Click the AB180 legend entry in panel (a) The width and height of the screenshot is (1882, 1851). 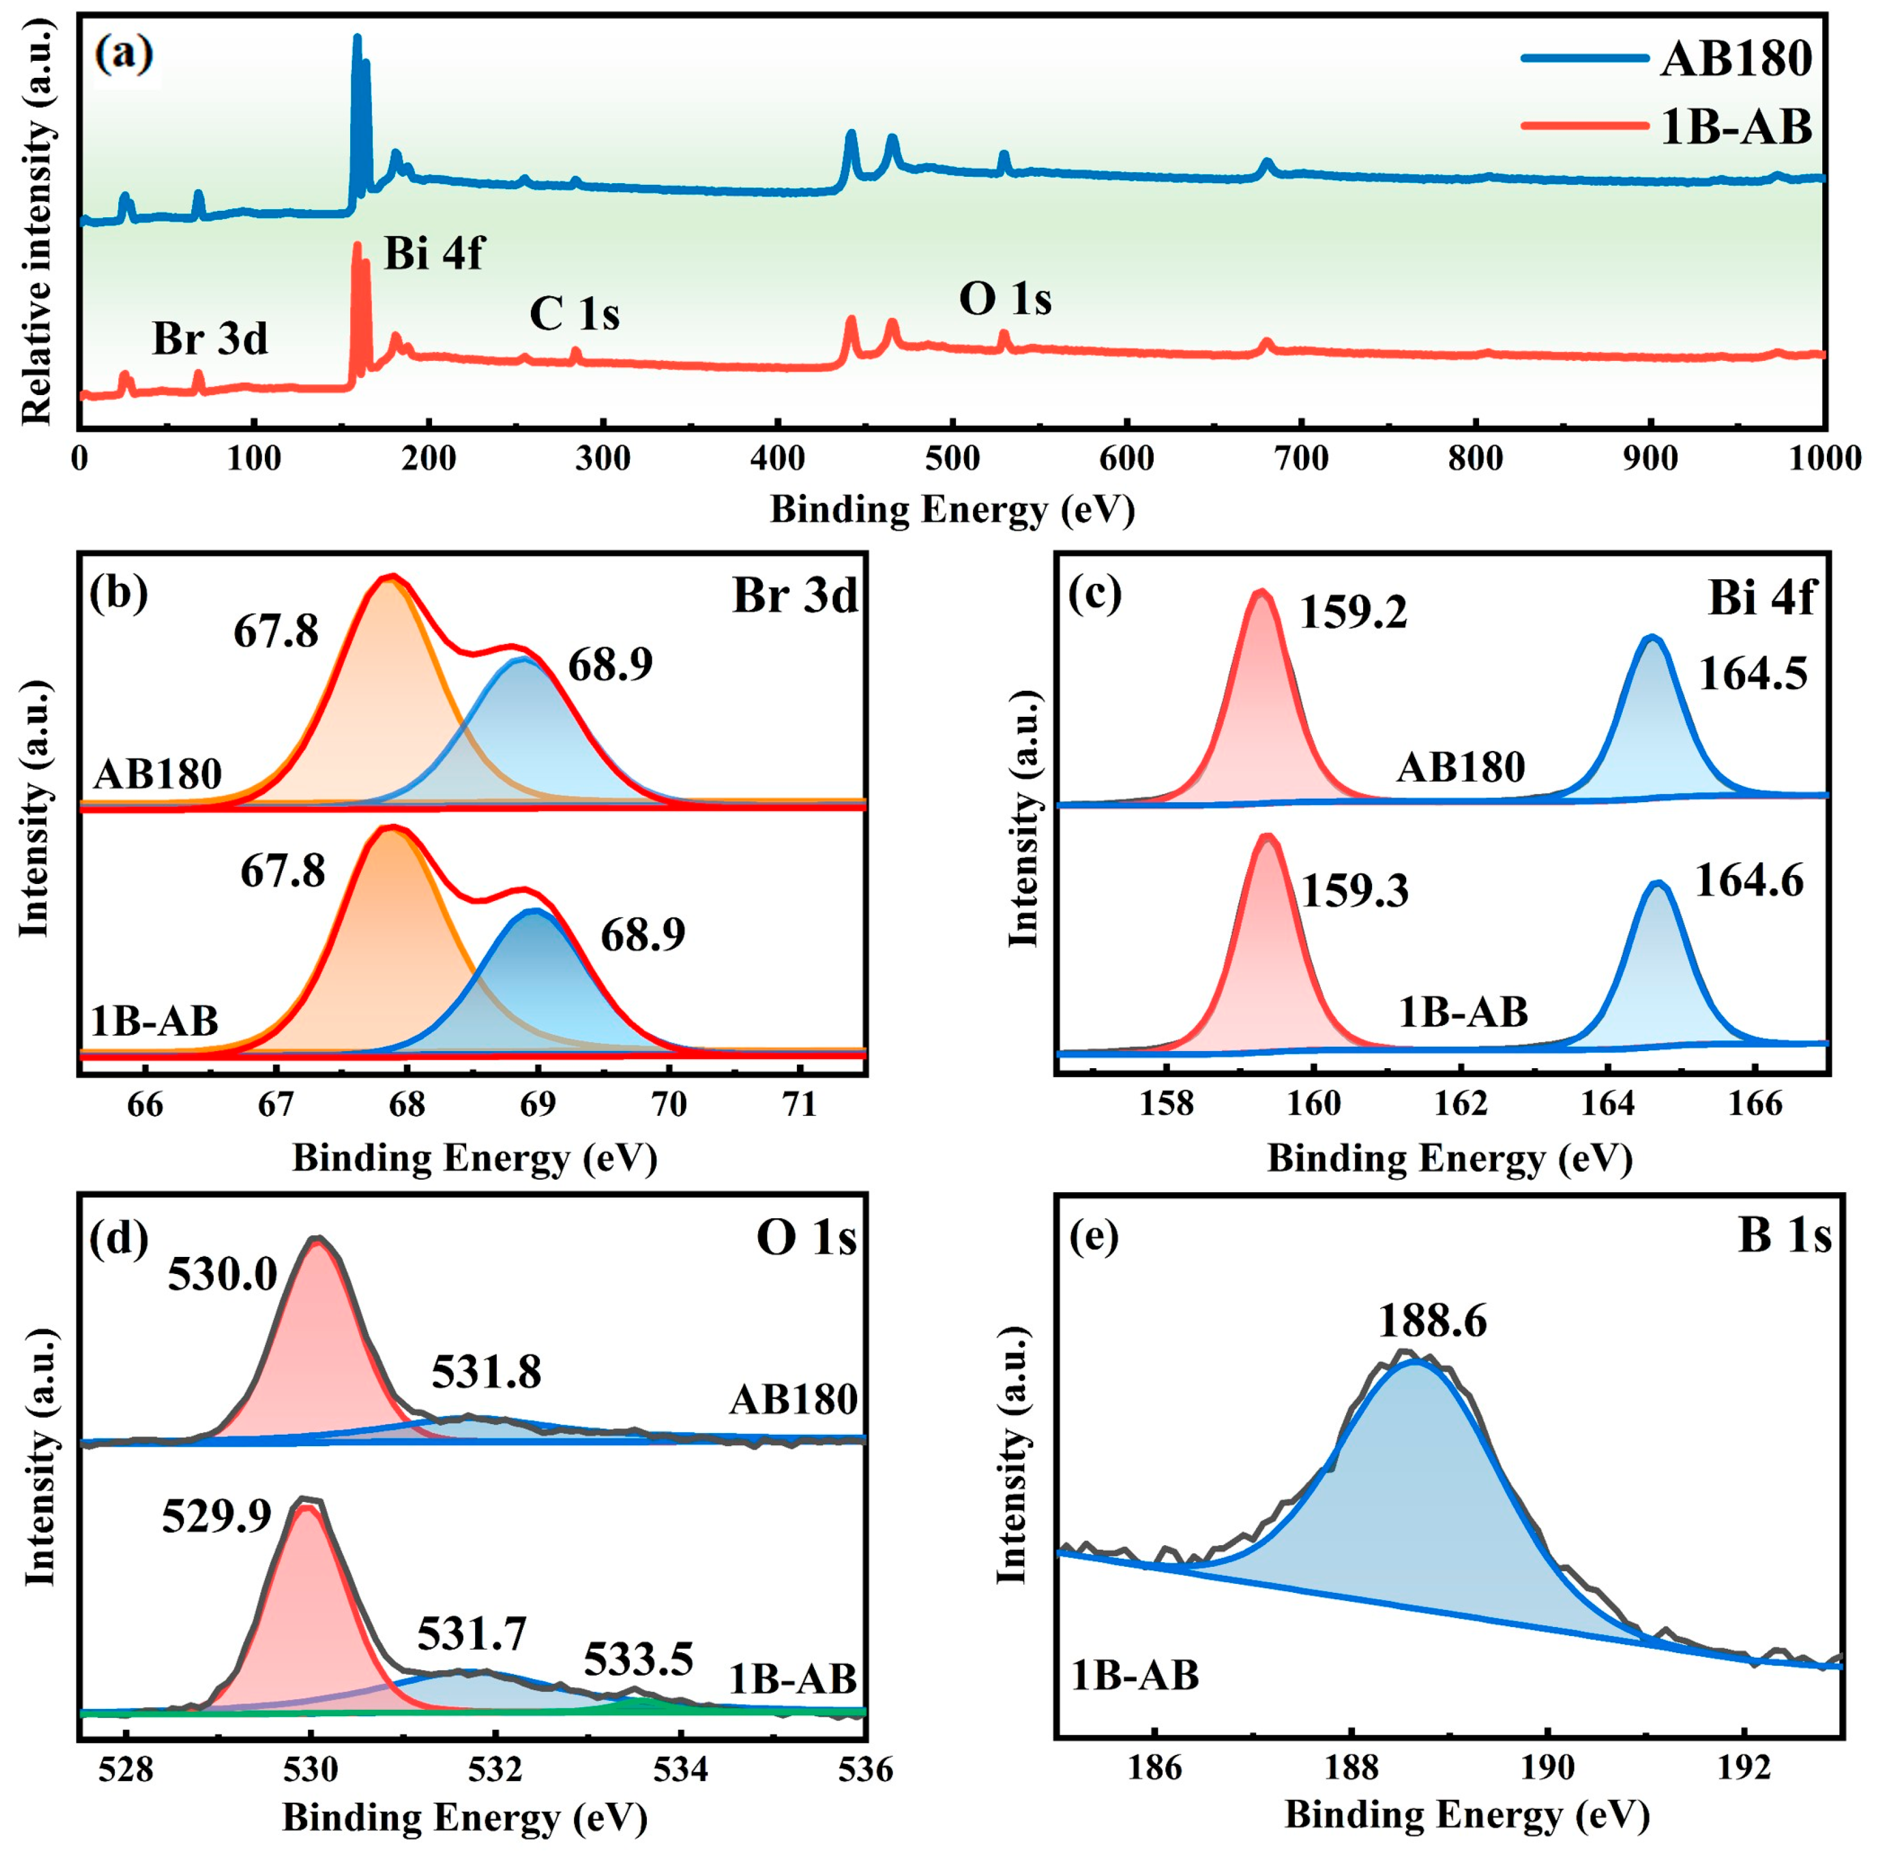1735,59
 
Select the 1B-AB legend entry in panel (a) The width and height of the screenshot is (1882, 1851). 1735,127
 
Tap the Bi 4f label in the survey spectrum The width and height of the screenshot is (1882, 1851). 434,254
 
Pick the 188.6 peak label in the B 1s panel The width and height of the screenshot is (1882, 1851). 1432,1322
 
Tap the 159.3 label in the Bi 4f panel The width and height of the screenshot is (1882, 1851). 1353,890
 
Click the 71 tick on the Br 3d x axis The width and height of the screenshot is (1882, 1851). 799,1105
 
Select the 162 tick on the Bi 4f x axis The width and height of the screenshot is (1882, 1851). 1461,1105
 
